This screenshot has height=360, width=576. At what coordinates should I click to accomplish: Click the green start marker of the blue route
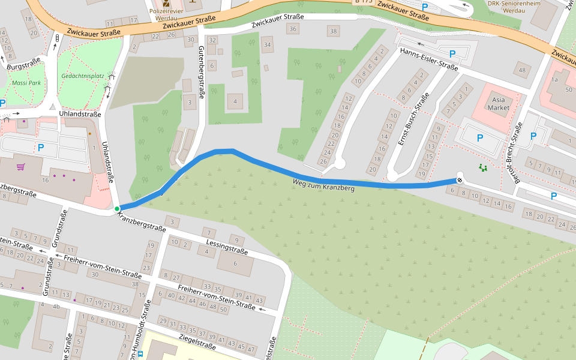coord(117,209)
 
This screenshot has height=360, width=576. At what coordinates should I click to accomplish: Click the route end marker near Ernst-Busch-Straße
coord(460,179)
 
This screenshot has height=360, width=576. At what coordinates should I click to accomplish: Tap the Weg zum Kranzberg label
coord(323,185)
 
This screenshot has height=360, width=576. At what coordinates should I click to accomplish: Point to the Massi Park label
coord(26,82)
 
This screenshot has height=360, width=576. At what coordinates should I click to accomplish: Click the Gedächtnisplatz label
coord(83,76)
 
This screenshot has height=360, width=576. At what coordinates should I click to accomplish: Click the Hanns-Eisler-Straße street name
coord(429,59)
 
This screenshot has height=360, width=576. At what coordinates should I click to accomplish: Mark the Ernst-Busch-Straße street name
coord(414,119)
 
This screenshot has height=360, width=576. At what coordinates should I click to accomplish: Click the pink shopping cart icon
coord(21,166)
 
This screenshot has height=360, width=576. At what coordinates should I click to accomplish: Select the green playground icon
coord(482,167)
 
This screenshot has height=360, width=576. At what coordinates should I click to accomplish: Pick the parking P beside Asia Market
coord(479,138)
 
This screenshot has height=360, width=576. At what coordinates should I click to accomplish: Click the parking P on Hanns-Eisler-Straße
coord(452,53)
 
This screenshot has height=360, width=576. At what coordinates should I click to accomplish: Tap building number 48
coord(522,70)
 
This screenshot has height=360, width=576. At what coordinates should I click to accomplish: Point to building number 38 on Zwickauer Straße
coord(333,30)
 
